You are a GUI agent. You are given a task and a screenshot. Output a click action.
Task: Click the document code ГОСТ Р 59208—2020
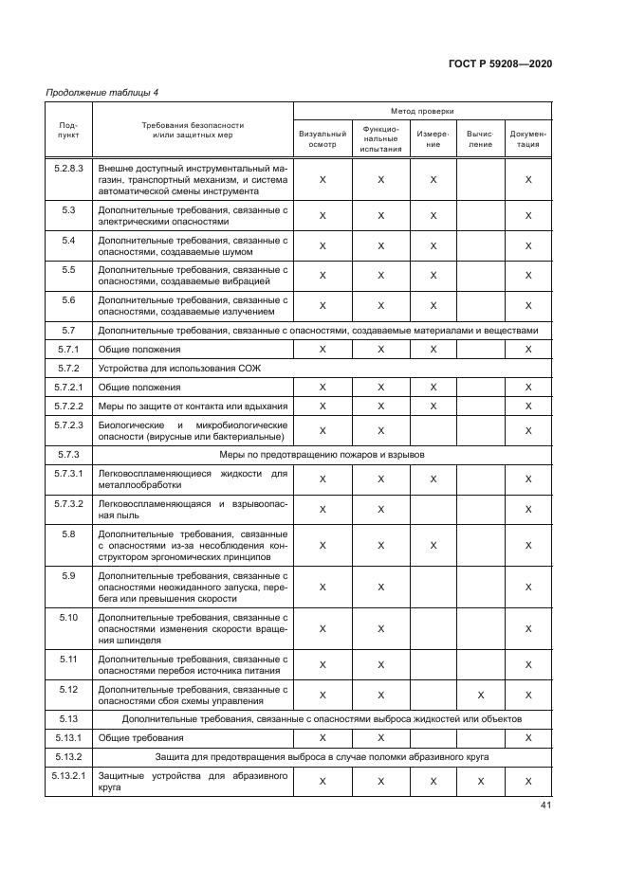(x=500, y=63)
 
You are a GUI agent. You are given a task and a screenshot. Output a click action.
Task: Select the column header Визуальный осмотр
(x=323, y=139)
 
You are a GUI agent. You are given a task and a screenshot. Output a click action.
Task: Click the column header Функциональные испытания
(x=380, y=138)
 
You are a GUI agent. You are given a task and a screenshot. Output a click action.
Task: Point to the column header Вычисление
(x=480, y=139)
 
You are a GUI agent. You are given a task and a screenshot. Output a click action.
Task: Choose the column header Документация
(x=528, y=139)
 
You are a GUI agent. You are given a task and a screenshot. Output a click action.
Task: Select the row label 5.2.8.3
(x=68, y=168)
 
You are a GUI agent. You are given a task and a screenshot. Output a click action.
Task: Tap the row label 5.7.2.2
(x=68, y=407)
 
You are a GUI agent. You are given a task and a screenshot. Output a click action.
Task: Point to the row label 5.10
(x=68, y=617)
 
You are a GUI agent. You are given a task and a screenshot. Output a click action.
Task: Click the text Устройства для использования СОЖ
(x=166, y=368)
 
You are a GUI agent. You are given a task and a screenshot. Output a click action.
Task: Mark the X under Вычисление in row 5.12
(x=480, y=695)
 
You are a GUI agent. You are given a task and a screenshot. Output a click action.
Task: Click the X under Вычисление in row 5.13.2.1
(x=480, y=781)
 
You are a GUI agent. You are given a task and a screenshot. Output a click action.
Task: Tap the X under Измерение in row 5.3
(x=433, y=215)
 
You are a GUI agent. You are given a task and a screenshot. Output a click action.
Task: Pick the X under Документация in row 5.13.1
(x=528, y=737)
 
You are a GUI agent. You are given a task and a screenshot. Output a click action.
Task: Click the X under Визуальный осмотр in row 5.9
(x=323, y=587)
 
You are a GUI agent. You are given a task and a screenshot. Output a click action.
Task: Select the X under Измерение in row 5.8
(x=433, y=545)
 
